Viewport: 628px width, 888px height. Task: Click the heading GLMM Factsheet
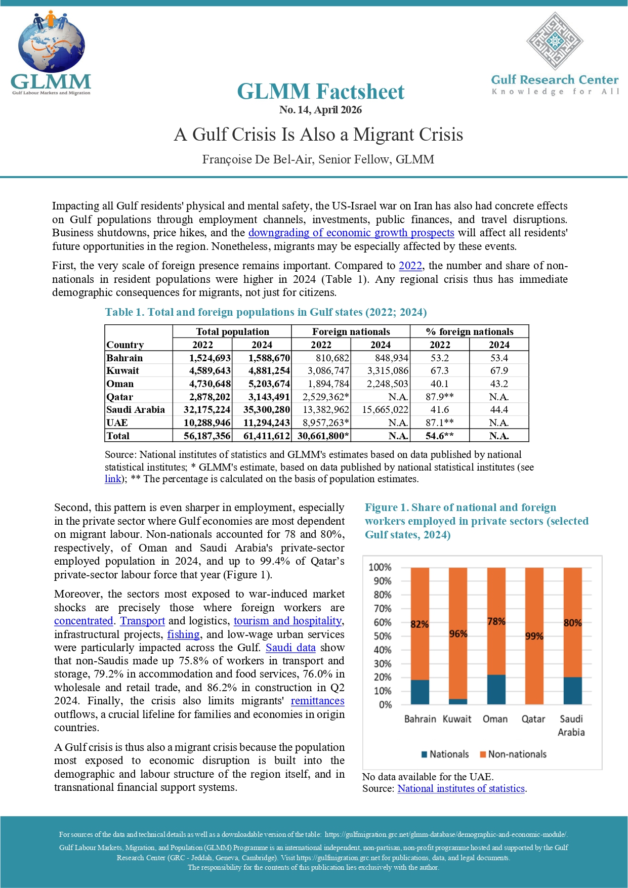(320, 92)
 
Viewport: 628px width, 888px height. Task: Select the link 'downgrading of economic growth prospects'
(351, 233)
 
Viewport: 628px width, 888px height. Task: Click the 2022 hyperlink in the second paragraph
(410, 266)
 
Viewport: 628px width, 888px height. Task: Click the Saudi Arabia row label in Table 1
(136, 410)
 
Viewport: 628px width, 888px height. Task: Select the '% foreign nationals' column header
(469, 332)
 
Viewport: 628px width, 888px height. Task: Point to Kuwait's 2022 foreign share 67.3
(440, 371)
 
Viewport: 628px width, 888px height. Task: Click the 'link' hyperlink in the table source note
(112, 479)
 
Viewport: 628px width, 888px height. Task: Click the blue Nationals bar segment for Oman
(496, 690)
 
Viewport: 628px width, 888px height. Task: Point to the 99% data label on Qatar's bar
(534, 636)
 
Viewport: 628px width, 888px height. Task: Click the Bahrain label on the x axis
(420, 719)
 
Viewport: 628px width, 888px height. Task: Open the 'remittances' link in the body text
(317, 701)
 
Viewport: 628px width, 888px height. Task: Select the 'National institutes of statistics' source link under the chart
(461, 789)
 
